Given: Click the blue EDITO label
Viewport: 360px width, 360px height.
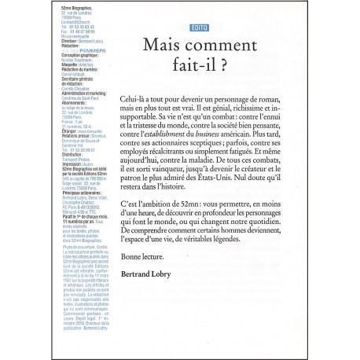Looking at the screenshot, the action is point(189,28).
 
